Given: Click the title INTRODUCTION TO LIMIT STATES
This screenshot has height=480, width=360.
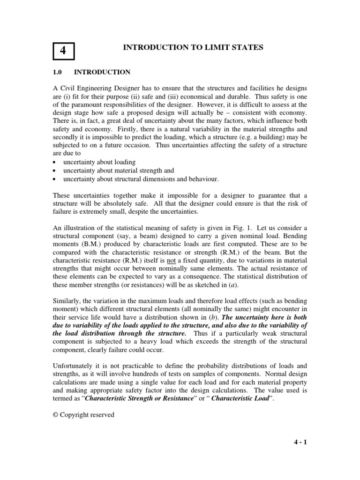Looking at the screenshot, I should [x=193, y=47].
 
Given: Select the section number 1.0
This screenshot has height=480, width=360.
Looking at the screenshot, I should [x=57, y=72].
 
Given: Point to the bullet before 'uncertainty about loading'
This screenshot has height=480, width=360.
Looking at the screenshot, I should [x=54, y=162].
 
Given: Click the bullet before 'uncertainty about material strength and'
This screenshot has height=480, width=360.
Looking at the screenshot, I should [x=54, y=171].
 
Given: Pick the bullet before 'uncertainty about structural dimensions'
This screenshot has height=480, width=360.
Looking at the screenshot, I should [x=54, y=179].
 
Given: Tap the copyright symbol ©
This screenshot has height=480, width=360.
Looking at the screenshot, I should [x=55, y=415].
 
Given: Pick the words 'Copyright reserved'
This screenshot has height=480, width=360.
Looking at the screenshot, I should [x=87, y=415].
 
